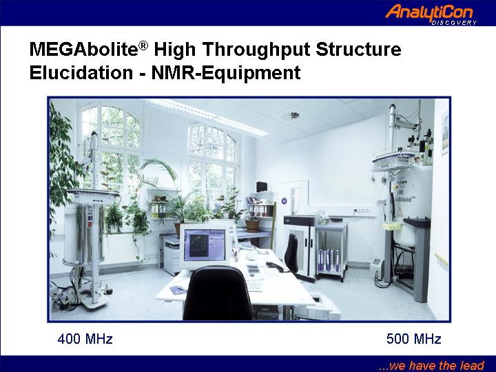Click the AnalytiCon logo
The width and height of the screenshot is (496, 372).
point(431,14)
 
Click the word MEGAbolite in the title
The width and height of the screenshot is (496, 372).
point(84,50)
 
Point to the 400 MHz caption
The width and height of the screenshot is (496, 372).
point(85,339)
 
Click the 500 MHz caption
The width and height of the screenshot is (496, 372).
point(414,339)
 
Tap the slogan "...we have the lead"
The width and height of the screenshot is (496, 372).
point(431,365)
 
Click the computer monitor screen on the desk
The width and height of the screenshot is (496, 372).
point(205,245)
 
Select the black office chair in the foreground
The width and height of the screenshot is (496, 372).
point(218,293)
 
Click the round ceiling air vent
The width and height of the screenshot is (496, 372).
point(291,116)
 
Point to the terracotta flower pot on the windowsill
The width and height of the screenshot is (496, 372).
point(253,225)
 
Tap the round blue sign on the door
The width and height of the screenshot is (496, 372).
point(284,200)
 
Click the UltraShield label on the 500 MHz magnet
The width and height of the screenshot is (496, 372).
point(402,200)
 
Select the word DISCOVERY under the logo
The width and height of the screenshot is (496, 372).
point(454,23)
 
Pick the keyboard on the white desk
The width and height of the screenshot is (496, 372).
point(254,285)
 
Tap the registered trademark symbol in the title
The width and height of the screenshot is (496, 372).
point(143,46)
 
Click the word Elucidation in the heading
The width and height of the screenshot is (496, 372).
point(81,73)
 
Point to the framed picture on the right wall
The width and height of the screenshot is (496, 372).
point(445,132)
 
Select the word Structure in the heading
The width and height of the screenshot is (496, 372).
point(359,50)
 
